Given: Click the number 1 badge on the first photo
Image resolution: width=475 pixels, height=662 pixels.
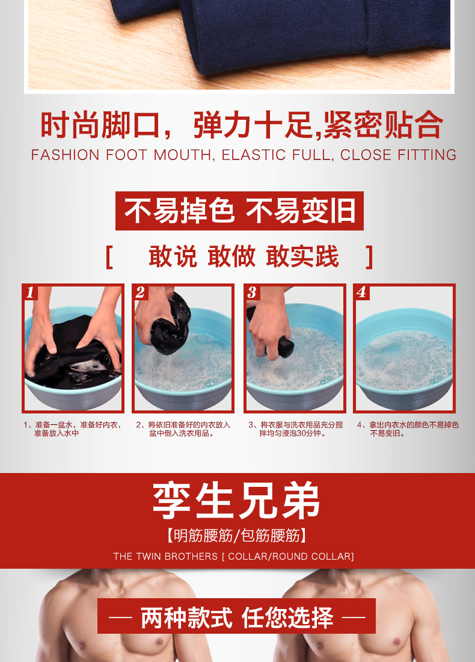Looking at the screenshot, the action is (31, 292).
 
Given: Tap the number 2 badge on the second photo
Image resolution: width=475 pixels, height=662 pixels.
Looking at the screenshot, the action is (141, 292).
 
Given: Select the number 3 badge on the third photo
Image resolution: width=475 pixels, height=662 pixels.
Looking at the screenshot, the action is (253, 292).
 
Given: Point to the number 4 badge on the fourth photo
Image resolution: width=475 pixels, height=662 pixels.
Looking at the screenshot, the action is (362, 292).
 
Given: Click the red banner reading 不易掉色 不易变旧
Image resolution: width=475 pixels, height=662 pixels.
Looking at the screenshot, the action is (240, 211).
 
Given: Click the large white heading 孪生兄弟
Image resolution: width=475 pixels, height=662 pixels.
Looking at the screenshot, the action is (236, 501).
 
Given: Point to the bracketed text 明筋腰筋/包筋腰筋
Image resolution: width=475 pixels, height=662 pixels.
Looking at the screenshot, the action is (236, 536).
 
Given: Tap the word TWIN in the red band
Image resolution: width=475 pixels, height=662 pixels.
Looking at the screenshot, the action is (149, 557).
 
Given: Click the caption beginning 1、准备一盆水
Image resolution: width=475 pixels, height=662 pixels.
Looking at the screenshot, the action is (73, 429).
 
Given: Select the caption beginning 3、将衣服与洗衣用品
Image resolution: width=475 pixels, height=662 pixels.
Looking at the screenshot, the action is (295, 429).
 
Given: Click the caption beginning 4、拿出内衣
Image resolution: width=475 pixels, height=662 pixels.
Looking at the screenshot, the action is (408, 429).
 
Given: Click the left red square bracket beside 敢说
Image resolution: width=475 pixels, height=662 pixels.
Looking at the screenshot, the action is (109, 257).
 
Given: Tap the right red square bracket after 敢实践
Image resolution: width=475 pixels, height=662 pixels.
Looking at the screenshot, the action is (370, 257).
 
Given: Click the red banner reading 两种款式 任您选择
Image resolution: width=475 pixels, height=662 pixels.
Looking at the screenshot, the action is (236, 616).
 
